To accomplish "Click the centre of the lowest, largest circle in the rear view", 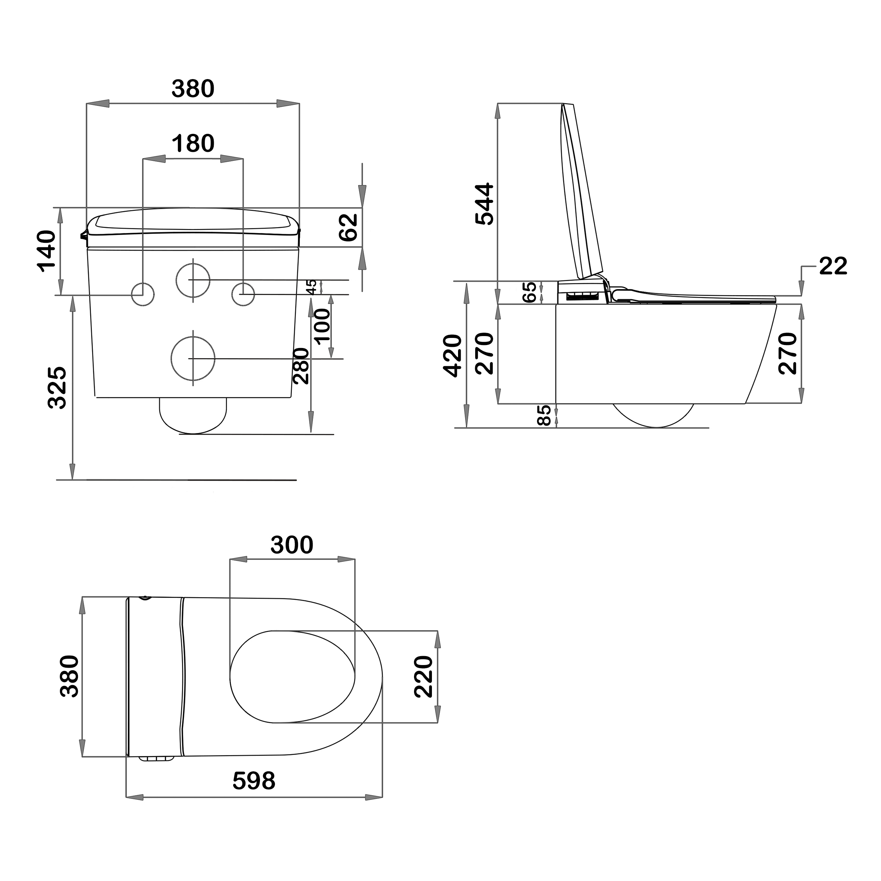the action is (x=193, y=358).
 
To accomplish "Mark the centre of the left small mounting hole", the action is (x=143, y=294).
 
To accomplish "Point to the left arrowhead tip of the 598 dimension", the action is (x=126, y=797).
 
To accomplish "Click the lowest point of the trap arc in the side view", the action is (x=655, y=427).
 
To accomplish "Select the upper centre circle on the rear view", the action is (x=193, y=280).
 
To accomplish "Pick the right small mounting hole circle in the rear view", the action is (x=243, y=294).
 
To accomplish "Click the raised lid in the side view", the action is (x=581, y=191).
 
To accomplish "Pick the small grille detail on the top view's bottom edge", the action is (x=156, y=758).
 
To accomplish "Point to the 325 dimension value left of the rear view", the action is (x=58, y=387).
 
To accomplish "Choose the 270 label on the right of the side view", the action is (x=787, y=353).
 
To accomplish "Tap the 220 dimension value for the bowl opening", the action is (x=424, y=677).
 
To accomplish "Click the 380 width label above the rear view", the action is (x=193, y=88).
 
